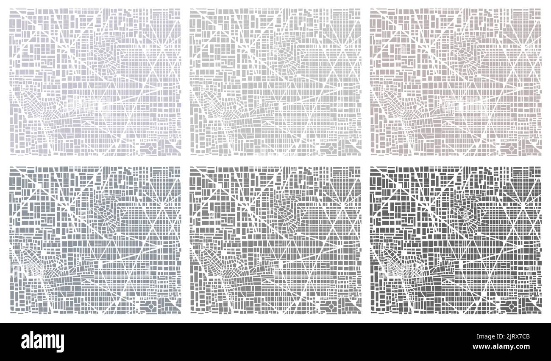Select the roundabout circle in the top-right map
coord(512,148)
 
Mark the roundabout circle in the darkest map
coord(512,306)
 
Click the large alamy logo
coord(42,342)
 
